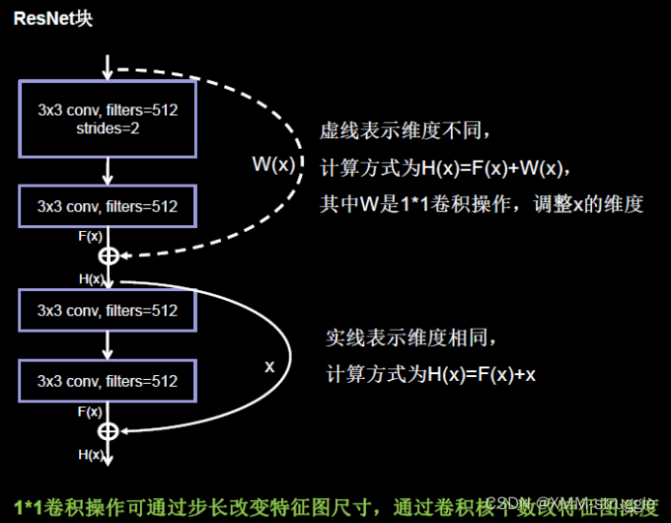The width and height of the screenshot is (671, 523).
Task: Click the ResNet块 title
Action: tap(53, 19)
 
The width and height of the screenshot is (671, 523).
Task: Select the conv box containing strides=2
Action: tap(108, 118)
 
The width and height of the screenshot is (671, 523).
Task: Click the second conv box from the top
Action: tap(108, 206)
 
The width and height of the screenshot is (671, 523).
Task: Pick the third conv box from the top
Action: tap(108, 310)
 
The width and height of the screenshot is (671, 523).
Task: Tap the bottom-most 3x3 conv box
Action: tap(108, 381)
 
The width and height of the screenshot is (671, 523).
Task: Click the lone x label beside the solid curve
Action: tap(269, 365)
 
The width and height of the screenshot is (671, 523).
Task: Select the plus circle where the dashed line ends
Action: tap(109, 256)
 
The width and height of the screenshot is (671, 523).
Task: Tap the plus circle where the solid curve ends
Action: tap(109, 431)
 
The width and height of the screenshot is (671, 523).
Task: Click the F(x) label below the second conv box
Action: tap(90, 237)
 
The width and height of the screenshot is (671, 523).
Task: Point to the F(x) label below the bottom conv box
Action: tap(90, 411)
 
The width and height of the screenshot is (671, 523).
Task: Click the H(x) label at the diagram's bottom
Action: tap(90, 455)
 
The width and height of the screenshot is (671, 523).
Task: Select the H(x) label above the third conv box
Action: tap(91, 279)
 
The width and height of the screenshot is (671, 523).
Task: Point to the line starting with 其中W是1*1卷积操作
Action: tap(482, 204)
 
